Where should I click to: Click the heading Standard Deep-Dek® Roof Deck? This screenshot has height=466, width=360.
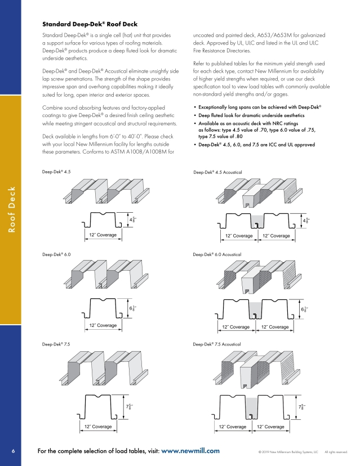coord(90,24)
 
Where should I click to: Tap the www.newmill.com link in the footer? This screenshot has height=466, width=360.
coord(190,451)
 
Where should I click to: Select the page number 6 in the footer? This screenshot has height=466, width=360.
coord(12,451)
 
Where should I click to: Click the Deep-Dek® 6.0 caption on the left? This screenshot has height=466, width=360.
coord(56,254)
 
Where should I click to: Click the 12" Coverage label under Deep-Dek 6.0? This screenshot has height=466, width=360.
coord(103,325)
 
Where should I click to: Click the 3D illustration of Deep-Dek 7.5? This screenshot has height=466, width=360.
coord(104,368)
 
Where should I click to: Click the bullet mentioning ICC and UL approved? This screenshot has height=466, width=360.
coord(256,145)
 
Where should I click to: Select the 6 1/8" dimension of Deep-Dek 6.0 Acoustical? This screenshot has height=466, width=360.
coord(303,309)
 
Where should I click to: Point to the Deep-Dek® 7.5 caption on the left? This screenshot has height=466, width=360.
coord(56,344)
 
